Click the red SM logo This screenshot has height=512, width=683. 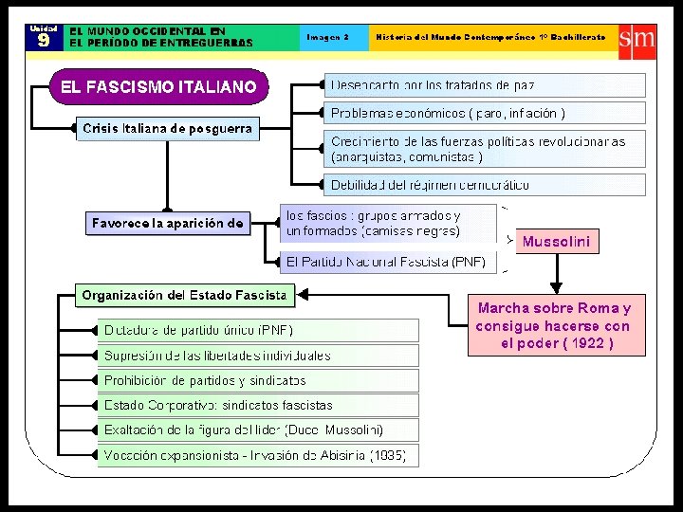(x=636, y=38)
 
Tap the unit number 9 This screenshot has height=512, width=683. (x=44, y=41)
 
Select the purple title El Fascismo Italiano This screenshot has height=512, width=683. (x=158, y=87)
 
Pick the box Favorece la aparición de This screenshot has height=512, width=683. (x=168, y=225)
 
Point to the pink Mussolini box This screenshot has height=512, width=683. (x=556, y=242)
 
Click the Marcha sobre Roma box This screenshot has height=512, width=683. (x=556, y=325)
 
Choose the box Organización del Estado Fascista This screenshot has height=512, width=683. (x=185, y=295)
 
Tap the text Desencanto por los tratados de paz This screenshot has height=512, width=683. (x=433, y=86)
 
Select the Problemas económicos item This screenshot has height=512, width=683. (x=448, y=114)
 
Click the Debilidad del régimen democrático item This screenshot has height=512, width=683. (x=431, y=184)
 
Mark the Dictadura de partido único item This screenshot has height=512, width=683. (x=199, y=330)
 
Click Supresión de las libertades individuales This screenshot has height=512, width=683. (x=217, y=356)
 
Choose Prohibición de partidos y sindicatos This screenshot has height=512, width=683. (x=205, y=380)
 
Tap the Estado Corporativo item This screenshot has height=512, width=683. (x=218, y=405)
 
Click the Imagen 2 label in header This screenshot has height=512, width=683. (x=327, y=37)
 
